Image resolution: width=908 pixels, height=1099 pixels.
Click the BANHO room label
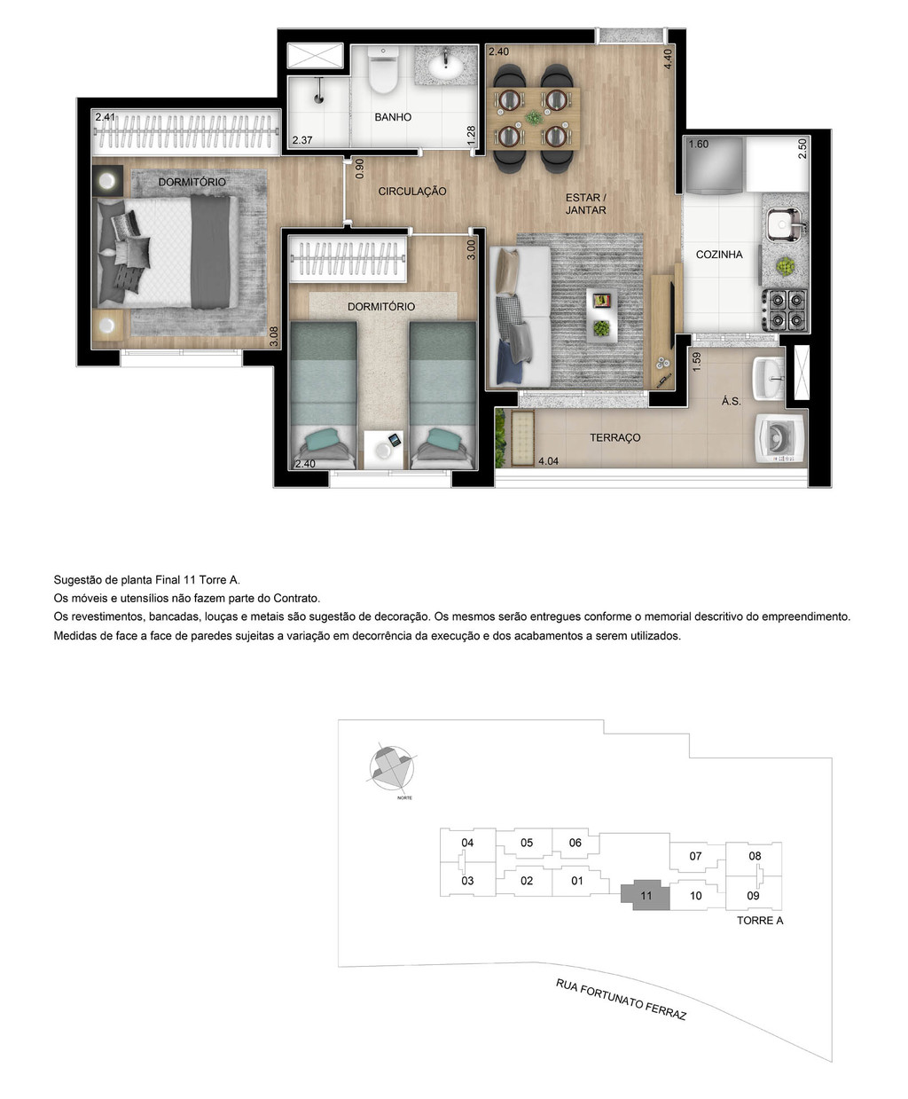(393, 117)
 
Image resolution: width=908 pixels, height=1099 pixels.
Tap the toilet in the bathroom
(384, 72)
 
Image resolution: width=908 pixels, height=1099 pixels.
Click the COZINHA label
(719, 255)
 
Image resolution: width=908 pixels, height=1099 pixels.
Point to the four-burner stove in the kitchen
(786, 310)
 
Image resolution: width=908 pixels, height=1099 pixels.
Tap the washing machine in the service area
(779, 438)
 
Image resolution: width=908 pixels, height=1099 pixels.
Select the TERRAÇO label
(615, 438)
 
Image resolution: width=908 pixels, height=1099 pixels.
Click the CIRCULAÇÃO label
(412, 192)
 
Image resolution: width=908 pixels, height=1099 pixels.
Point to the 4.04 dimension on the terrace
(549, 461)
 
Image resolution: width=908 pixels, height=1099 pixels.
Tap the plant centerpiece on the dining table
(533, 117)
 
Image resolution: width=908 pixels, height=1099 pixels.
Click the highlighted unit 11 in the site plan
(646, 896)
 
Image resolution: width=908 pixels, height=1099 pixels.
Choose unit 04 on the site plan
(467, 843)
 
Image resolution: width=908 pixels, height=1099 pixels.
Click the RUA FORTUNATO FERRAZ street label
(621, 1000)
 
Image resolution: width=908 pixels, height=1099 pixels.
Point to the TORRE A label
(760, 921)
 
